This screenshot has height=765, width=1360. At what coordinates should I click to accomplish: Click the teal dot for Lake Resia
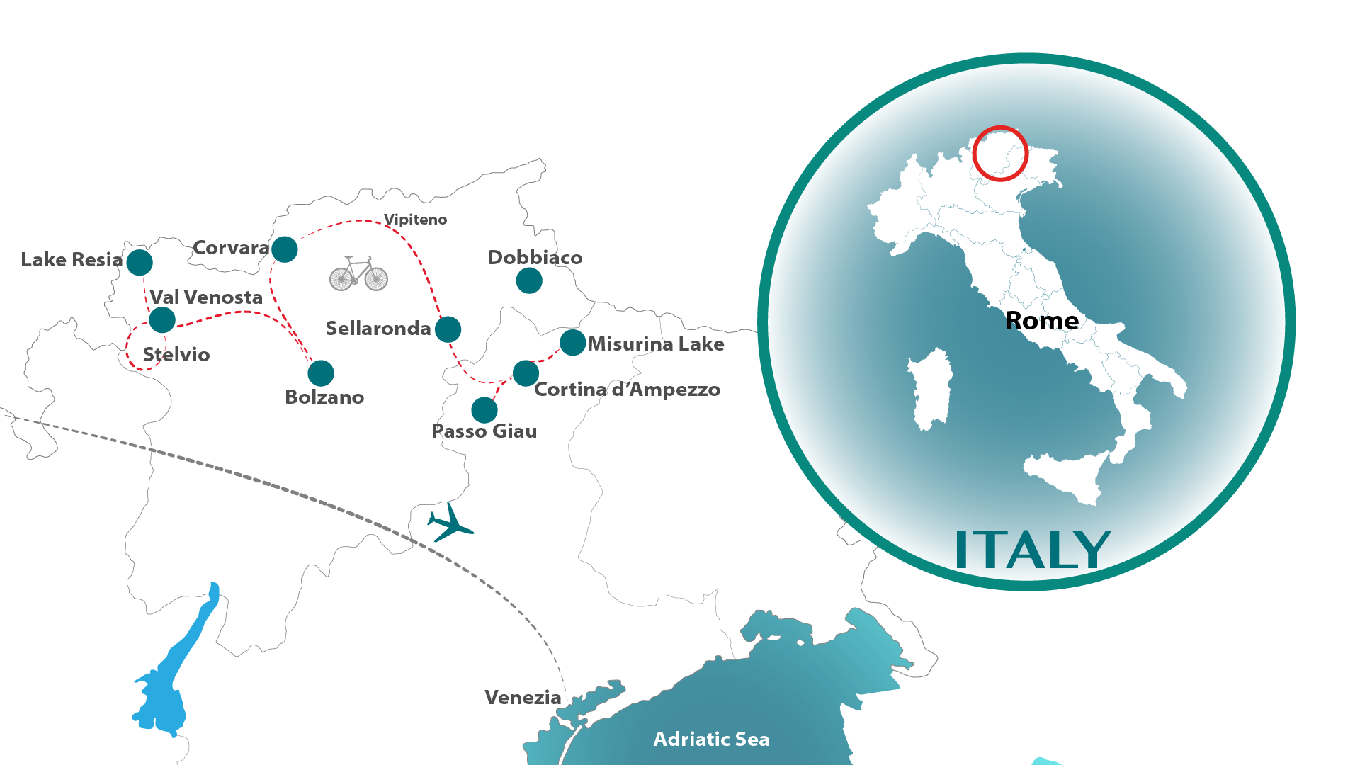tap(140, 263)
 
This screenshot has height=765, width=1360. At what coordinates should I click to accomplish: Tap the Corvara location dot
tap(285, 249)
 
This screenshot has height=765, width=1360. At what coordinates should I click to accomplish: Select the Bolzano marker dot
tap(321, 373)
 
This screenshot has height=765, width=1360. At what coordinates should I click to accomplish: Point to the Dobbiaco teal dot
tap(529, 280)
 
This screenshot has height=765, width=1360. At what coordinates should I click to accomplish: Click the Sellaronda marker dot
tap(448, 329)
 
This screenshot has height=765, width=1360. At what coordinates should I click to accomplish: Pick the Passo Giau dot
tap(484, 410)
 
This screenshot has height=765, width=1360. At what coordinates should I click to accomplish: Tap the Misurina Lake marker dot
tap(572, 343)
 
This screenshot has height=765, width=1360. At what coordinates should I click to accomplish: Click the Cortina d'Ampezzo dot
tap(526, 373)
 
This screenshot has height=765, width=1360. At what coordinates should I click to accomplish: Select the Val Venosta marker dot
tap(162, 320)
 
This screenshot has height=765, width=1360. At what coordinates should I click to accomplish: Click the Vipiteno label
tap(415, 220)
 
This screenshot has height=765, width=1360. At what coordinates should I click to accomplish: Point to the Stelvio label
tap(176, 354)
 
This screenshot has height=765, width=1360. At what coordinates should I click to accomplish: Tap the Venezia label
tap(523, 698)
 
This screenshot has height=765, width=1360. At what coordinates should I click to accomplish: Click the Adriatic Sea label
tap(711, 739)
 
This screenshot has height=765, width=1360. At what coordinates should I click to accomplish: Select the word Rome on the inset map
tap(1042, 321)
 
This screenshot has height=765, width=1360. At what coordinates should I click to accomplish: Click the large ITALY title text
tap(1033, 550)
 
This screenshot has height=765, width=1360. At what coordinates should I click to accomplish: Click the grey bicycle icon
tap(358, 274)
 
